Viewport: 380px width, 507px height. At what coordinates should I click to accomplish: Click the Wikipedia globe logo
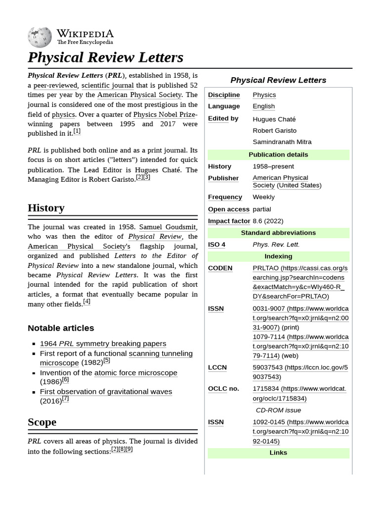pyautogui.click(x=40, y=37)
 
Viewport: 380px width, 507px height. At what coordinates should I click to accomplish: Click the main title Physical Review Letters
pyautogui.click(x=105, y=57)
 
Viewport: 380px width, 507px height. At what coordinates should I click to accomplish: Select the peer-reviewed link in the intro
pyautogui.click(x=55, y=85)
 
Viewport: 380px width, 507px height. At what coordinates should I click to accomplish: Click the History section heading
pyautogui.click(x=46, y=208)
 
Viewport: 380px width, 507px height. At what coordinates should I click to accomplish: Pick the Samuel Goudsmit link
pyautogui.click(x=168, y=227)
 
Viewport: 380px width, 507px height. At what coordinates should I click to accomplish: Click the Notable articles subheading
pyautogui.click(x=61, y=328)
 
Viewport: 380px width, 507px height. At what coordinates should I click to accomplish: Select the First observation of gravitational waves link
pyautogui.click(x=106, y=392)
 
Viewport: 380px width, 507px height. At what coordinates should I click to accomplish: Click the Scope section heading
pyautogui.click(x=42, y=422)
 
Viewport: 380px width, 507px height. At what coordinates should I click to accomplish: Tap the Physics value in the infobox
pyautogui.click(x=264, y=95)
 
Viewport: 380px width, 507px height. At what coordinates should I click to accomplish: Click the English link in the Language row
pyautogui.click(x=264, y=106)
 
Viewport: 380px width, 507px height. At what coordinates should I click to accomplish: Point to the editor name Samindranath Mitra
pyautogui.click(x=282, y=142)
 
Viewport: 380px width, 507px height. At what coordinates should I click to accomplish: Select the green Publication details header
pyautogui.click(x=278, y=154)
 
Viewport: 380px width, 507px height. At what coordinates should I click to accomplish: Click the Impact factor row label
pyautogui.click(x=229, y=221)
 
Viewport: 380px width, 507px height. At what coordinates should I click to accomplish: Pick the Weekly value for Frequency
pyautogui.click(x=264, y=197)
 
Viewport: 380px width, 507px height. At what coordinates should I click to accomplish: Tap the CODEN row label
pyautogui.click(x=220, y=268)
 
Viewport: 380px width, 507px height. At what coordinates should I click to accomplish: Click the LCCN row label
pyautogui.click(x=217, y=367)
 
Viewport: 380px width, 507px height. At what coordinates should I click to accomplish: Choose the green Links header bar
pyautogui.click(x=278, y=453)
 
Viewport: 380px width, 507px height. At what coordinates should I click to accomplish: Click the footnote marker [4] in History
pyautogui.click(x=87, y=302)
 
